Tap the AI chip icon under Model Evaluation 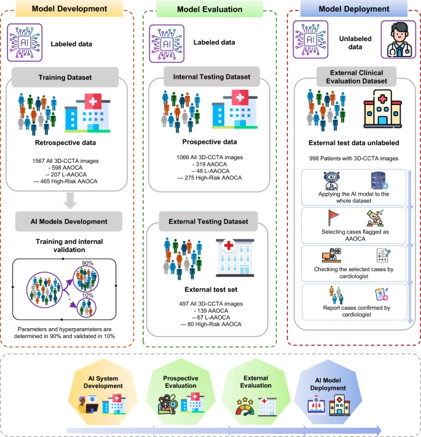(x=164, y=42)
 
